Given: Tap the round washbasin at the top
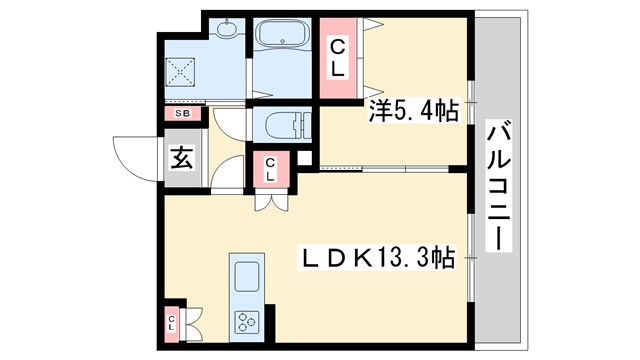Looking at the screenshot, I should click(x=228, y=30).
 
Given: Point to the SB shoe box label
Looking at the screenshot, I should click(x=182, y=113).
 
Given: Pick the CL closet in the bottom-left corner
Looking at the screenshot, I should click(x=173, y=323).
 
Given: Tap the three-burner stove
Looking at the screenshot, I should click(x=246, y=320).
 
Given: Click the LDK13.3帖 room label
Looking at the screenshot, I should click(x=379, y=258).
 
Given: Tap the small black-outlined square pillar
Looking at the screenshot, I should click(x=305, y=158).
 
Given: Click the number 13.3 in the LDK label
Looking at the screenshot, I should click(x=407, y=258).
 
